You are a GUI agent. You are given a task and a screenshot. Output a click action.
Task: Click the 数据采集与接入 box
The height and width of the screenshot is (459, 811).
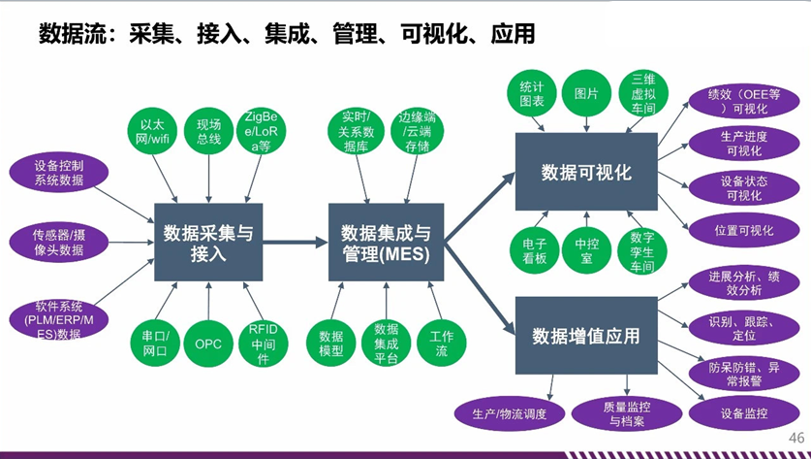(208, 243)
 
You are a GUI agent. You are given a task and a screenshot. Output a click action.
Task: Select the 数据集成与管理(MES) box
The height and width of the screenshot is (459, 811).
(386, 243)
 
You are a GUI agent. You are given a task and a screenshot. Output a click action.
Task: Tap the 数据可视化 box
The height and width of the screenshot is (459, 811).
(586, 173)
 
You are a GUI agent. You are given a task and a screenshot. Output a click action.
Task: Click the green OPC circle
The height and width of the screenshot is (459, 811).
(208, 344)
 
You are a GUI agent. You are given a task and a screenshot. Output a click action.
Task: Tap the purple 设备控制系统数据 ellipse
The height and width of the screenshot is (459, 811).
(58, 173)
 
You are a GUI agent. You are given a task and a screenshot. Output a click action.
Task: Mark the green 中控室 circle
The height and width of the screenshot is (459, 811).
(586, 250)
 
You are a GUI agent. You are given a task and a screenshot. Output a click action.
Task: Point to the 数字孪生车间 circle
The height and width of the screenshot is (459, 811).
(642, 250)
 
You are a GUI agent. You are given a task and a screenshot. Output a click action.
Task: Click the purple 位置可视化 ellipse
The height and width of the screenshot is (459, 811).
(743, 231)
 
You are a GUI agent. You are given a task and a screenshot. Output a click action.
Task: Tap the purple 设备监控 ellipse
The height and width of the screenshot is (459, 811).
(744, 414)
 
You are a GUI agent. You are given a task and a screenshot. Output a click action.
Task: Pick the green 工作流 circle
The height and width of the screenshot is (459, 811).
(441, 344)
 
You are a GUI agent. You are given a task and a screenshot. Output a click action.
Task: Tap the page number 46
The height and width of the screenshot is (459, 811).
(797, 437)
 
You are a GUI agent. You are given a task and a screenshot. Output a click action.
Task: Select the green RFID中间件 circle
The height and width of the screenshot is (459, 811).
(263, 344)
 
